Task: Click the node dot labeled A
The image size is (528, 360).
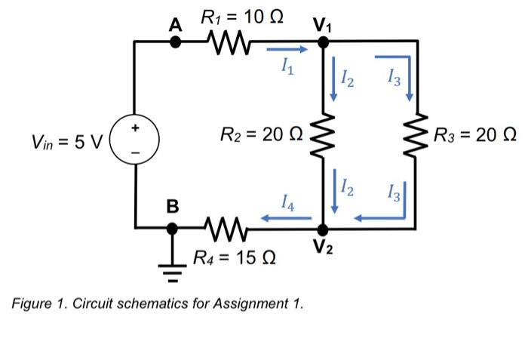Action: point(175,42)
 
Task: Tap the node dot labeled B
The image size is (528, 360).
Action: point(175,226)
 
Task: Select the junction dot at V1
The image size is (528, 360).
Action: point(323,42)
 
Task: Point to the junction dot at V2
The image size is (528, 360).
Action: point(323,226)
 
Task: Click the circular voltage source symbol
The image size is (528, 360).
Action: point(134,140)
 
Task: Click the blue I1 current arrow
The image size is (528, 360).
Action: point(287,51)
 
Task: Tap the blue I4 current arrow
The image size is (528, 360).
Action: point(287,219)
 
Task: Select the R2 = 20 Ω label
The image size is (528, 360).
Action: point(261,135)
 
